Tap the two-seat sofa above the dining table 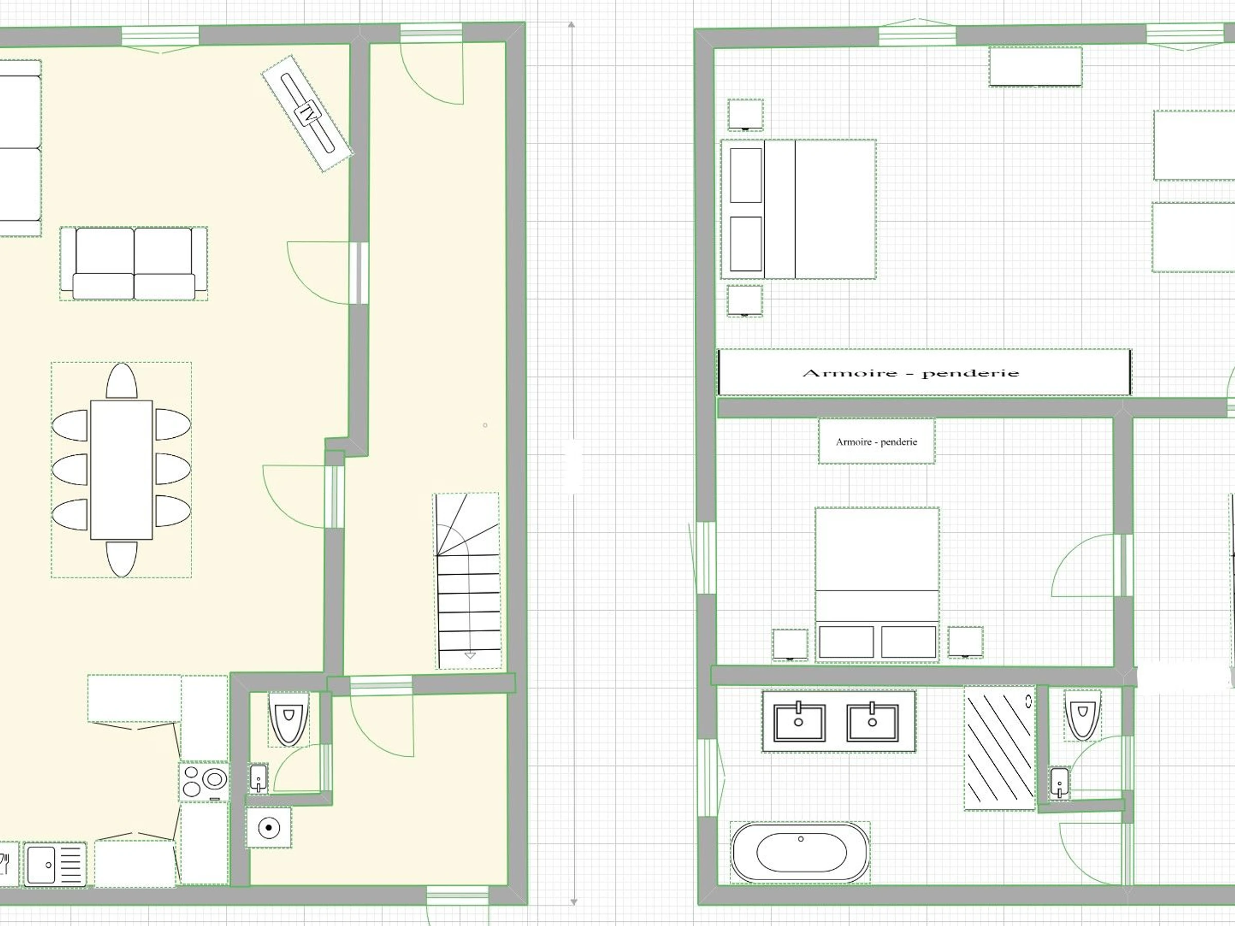[x=134, y=263]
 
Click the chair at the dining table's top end [x=122, y=381]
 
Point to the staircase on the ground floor [x=467, y=580]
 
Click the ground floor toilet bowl [x=289, y=719]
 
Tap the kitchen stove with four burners [x=204, y=781]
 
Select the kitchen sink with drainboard [x=55, y=864]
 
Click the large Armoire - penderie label [x=911, y=373]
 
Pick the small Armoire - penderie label [x=876, y=441]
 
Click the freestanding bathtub [x=801, y=852]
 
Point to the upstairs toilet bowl [x=1082, y=715]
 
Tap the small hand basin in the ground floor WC [x=258, y=778]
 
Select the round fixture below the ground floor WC [x=269, y=827]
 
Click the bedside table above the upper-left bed [x=745, y=114]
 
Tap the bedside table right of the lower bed [x=965, y=642]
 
